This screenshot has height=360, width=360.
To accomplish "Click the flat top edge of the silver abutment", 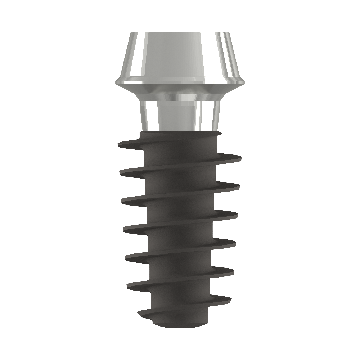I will [x=180, y=33].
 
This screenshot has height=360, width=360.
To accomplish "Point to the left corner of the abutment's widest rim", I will [x=116, y=82].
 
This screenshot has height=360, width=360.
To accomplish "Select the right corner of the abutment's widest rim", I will [x=244, y=82].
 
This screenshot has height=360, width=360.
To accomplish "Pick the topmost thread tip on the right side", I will [x=240, y=158].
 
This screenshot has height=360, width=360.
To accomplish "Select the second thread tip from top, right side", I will [x=239, y=186].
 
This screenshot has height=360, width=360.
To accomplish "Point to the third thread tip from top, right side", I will [x=238, y=215].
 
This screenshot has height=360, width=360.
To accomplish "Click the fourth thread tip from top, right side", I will [x=236, y=243].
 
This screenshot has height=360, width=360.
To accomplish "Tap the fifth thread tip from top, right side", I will [x=234, y=271].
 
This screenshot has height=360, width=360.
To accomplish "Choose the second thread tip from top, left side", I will [x=120, y=173].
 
